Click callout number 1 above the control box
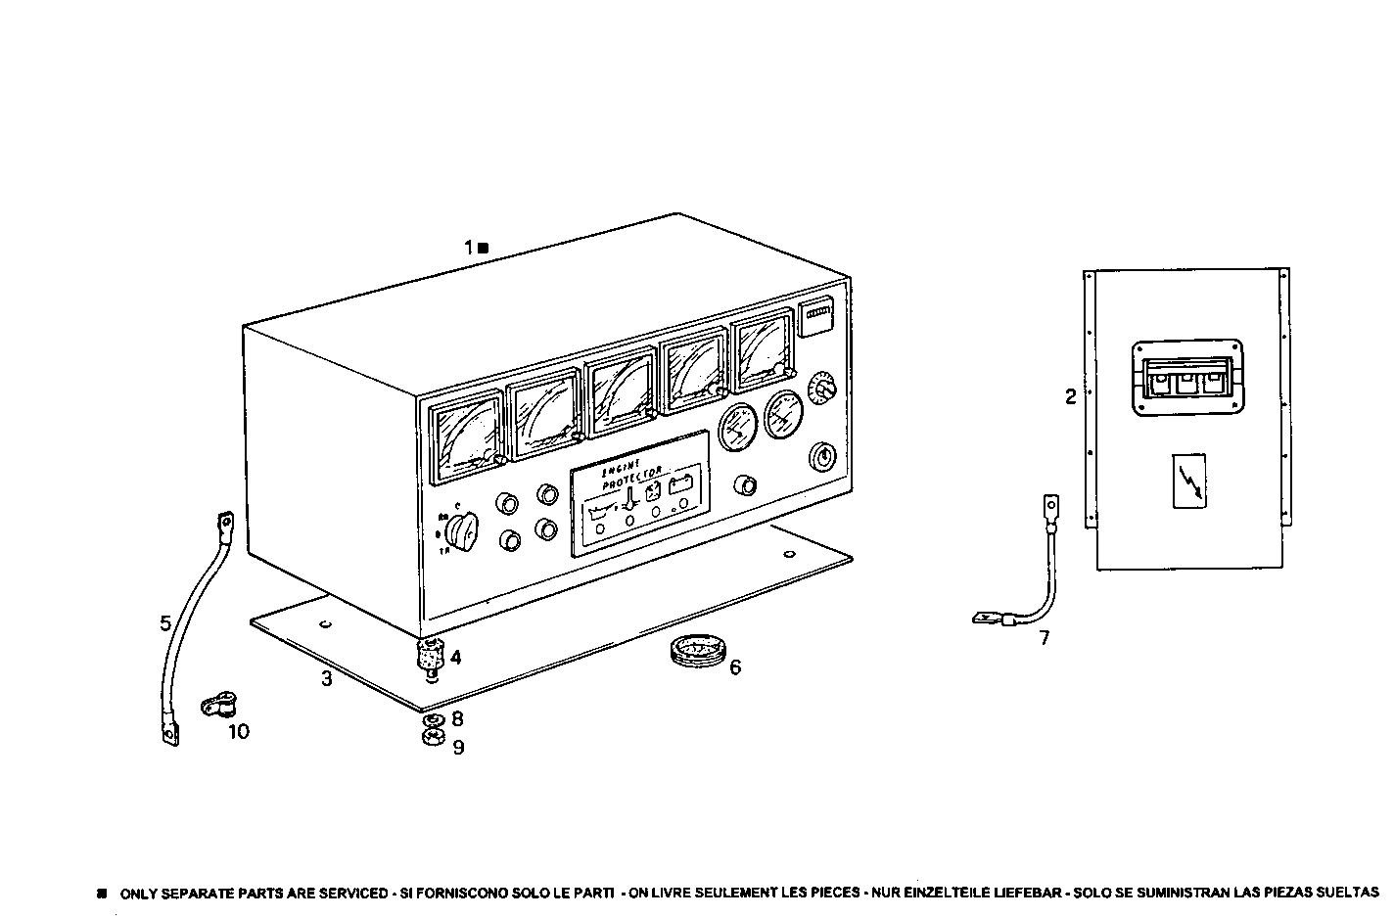tap(470, 248)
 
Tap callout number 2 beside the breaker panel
tap(1070, 396)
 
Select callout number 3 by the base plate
tap(326, 678)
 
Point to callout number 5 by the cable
tap(165, 622)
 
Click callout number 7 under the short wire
tap(1044, 638)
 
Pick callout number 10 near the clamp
tap(239, 731)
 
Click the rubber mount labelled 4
tap(431, 654)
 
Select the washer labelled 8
tap(431, 721)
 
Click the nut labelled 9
tap(432, 738)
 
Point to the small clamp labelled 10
tap(215, 704)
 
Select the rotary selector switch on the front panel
tap(460, 532)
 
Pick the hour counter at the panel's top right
tap(816, 318)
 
